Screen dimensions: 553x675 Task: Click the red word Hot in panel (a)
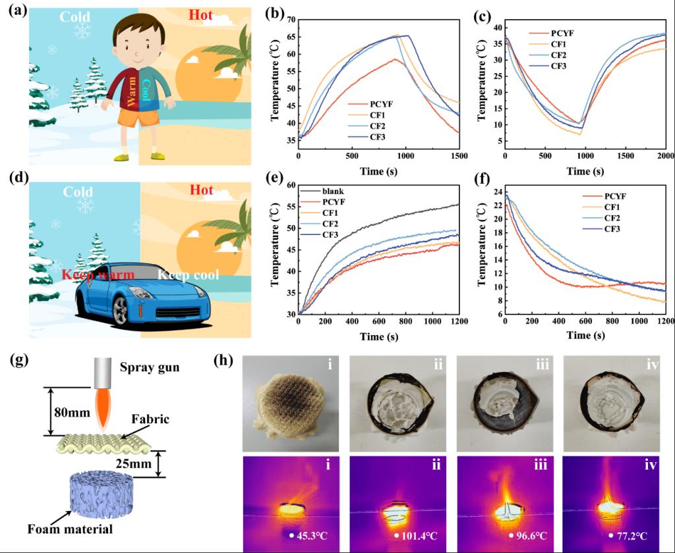tap(201, 14)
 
